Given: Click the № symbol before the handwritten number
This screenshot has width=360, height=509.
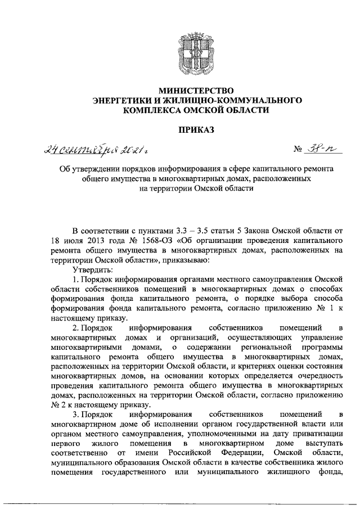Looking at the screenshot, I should [297, 151].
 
